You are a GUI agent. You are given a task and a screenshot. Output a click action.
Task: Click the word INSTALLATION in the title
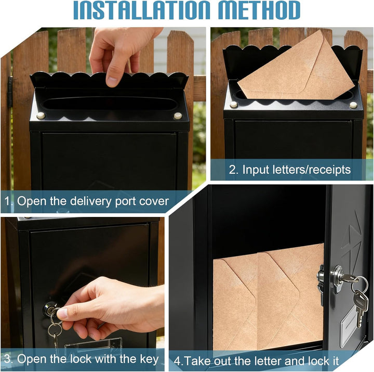click(141, 10)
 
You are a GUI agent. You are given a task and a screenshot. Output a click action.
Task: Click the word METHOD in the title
click(259, 10)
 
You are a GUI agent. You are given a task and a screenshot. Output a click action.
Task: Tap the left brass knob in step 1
click(41, 116)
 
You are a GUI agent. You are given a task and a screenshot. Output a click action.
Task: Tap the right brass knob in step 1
click(178, 116)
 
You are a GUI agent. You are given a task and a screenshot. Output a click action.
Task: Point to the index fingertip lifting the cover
click(112, 81)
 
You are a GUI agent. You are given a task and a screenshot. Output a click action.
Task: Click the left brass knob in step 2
click(234, 105)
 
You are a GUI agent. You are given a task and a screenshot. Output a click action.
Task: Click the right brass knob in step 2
click(353, 105)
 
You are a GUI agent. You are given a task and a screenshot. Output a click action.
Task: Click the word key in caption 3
click(149, 360)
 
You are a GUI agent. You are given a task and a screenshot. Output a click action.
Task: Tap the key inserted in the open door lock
click(348, 278)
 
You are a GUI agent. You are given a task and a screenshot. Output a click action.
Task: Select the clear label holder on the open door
click(349, 327)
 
